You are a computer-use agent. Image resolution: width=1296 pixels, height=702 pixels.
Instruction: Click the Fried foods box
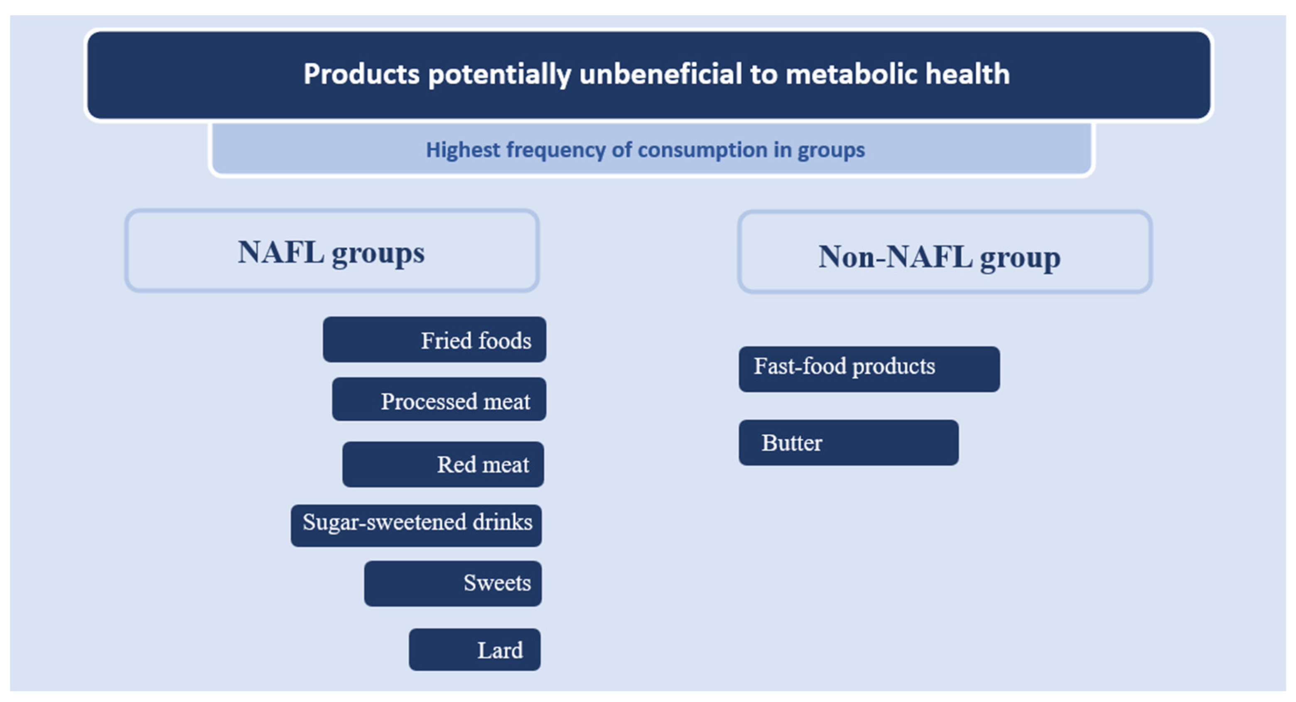(434, 340)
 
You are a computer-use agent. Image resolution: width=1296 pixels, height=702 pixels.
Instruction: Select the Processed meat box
(439, 399)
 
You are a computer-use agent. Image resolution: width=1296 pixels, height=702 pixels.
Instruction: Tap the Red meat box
(443, 464)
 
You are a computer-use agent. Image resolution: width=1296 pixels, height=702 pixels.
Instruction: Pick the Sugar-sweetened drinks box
(416, 526)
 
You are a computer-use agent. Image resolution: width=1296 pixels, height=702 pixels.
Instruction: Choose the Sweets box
(453, 583)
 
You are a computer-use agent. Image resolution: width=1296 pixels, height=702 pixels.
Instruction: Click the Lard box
(474, 649)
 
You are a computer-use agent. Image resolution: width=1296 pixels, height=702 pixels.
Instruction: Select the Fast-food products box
(869, 369)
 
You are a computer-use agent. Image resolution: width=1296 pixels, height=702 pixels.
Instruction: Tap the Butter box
(848, 443)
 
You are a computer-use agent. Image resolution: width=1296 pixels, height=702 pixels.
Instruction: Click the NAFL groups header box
(332, 250)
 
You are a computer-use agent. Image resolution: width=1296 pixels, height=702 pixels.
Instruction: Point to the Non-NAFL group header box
(945, 252)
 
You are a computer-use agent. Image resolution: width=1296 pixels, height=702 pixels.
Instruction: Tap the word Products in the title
(361, 74)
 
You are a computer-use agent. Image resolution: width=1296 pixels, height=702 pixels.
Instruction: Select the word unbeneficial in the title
(660, 74)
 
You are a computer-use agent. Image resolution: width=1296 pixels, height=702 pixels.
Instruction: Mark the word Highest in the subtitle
(463, 150)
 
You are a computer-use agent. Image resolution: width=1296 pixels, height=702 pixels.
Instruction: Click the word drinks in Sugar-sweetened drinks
(502, 522)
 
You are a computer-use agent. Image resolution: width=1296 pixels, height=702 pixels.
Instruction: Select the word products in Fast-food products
(893, 367)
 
